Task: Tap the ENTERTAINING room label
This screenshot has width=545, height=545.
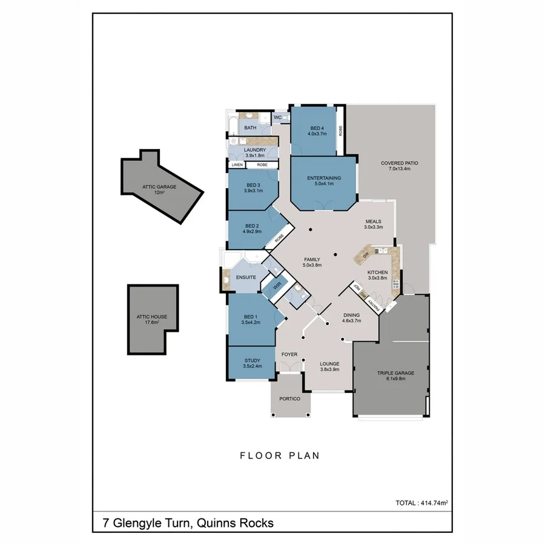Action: pos(324,178)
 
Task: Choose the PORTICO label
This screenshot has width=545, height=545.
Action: pos(290,398)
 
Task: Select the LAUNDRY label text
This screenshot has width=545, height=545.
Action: pos(255,150)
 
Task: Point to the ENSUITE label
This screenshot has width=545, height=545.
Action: pos(246,277)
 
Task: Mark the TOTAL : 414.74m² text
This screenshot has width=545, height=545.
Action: pos(421,503)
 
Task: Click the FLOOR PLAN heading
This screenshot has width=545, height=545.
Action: pos(279,456)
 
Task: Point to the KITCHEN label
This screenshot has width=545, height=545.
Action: pos(377,272)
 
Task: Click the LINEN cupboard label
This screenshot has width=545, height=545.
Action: pos(236,165)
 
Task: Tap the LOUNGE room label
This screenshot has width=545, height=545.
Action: pos(329,364)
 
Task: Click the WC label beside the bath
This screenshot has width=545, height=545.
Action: pos(278,117)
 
